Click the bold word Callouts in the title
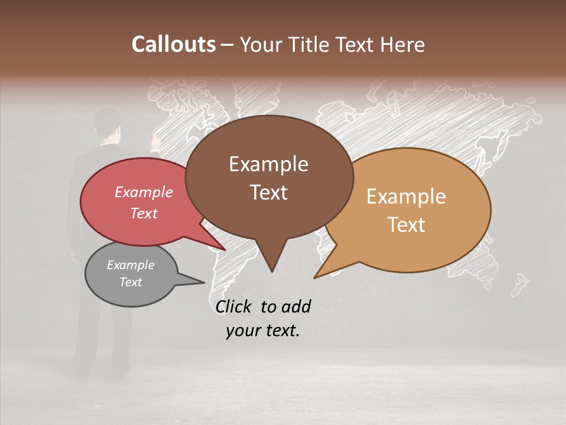pyautogui.click(x=173, y=44)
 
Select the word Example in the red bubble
pyautogui.click(x=143, y=192)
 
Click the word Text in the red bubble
pyautogui.click(x=143, y=213)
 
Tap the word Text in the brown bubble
pyautogui.click(x=268, y=192)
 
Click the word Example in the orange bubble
pyautogui.click(x=406, y=196)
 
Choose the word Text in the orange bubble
pyautogui.click(x=406, y=224)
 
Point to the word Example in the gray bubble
pyautogui.click(x=130, y=265)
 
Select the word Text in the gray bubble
pyautogui.click(x=130, y=282)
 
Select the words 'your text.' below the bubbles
pyautogui.click(x=263, y=331)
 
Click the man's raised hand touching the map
pyautogui.click(x=155, y=141)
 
